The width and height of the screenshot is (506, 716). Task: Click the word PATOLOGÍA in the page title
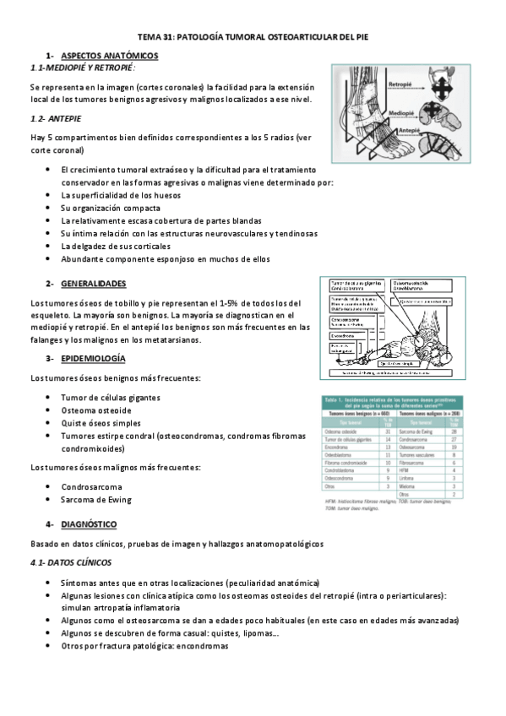tap(205, 38)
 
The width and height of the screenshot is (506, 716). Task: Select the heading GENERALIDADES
tap(94, 283)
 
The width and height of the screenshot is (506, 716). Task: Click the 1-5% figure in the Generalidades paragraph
tap(227, 302)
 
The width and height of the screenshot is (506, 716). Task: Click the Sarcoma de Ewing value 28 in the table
tap(454, 431)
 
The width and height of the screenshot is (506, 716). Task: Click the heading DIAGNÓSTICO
tap(89, 523)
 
